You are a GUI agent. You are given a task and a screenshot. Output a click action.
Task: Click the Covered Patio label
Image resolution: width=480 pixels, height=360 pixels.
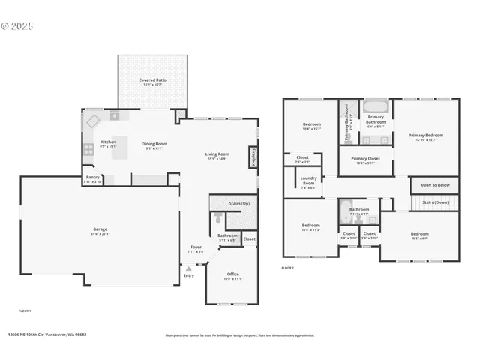tap(153, 82)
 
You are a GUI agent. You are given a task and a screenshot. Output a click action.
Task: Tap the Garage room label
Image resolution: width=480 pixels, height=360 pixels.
tap(100, 232)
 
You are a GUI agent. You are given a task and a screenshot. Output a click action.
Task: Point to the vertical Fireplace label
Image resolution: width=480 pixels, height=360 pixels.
tap(254, 156)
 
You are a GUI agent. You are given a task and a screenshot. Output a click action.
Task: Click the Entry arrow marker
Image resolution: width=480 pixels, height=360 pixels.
tap(188, 267)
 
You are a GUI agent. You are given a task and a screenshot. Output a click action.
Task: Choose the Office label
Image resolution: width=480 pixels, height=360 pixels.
tap(233, 276)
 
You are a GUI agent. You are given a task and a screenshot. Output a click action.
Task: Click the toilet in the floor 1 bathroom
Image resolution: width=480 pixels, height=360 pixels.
tap(217, 218)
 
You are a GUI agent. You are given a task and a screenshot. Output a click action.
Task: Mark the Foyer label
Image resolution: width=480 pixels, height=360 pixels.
tap(196, 248)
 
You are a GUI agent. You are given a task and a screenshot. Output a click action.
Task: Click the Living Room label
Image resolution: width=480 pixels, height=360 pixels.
tap(217, 156)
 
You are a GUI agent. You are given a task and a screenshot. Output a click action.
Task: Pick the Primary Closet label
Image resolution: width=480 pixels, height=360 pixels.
tap(365, 160)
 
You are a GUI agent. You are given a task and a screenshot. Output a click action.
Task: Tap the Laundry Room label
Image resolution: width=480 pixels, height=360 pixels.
tap(308, 182)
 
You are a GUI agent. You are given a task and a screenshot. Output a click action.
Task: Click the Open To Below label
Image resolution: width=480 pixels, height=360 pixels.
tap(435, 185)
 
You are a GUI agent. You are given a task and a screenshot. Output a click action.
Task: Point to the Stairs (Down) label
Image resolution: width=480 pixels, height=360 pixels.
tap(436, 202)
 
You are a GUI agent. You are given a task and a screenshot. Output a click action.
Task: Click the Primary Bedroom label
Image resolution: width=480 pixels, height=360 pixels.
tap(426, 136)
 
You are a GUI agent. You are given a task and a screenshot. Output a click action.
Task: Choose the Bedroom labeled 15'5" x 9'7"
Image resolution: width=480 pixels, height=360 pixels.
tap(419, 235)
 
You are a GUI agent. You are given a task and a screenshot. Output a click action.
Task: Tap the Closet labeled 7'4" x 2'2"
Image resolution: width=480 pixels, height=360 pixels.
tap(302, 159)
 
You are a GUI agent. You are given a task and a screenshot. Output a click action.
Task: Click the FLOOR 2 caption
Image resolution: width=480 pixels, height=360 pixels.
tap(288, 268)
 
